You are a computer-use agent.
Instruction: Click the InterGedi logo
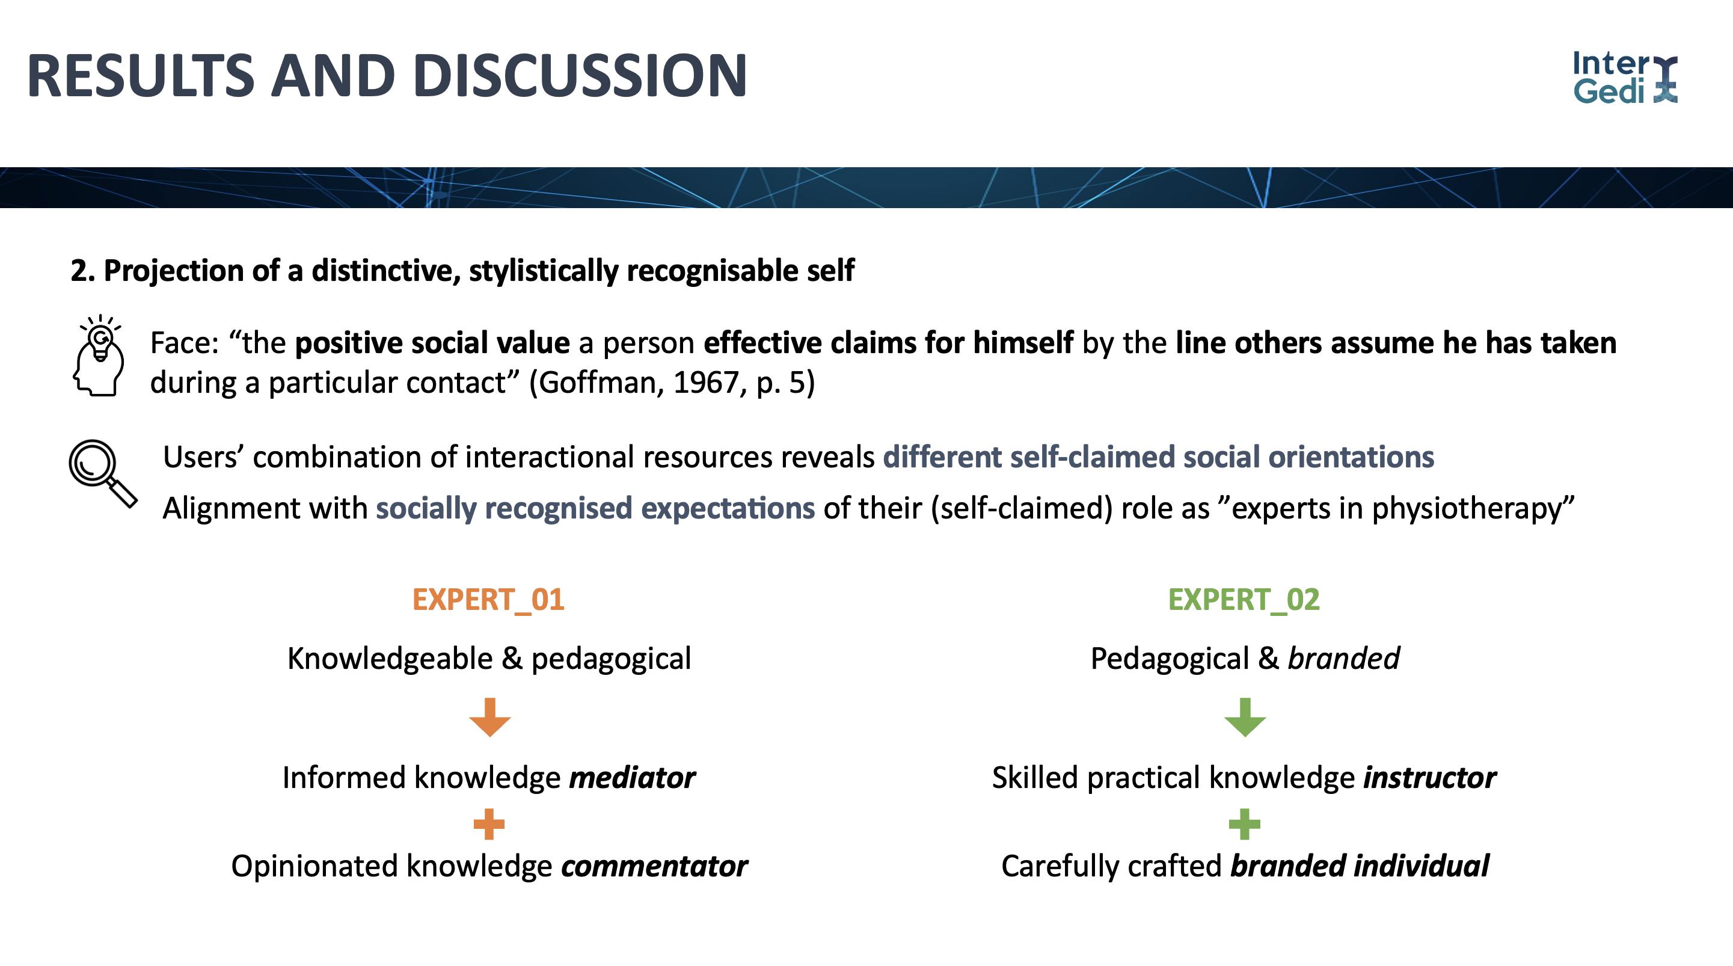(x=1625, y=78)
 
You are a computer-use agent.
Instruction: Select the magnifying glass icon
(x=103, y=473)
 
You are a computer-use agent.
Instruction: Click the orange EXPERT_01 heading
(x=488, y=600)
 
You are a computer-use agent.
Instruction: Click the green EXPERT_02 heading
(x=1244, y=600)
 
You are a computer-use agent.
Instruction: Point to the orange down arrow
(x=489, y=718)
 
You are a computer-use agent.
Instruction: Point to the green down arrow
(x=1245, y=718)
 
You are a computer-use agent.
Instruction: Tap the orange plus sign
(x=489, y=824)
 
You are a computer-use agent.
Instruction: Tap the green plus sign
(x=1245, y=824)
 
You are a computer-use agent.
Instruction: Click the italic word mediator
(x=633, y=778)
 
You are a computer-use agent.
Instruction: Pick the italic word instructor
(x=1429, y=778)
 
